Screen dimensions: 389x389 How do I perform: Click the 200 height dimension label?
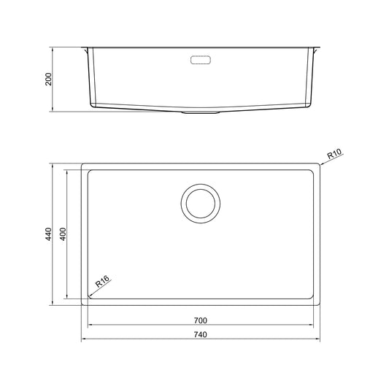point(49,79)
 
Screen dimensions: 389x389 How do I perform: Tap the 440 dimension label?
point(49,234)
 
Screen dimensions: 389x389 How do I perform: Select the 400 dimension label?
point(63,234)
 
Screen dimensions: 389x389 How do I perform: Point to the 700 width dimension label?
point(201,320)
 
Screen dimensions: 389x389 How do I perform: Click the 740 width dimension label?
point(201,335)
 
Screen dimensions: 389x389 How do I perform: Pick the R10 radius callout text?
point(334,153)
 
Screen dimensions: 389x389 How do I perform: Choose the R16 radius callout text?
point(102,281)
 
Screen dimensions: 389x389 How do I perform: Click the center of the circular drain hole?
point(201,204)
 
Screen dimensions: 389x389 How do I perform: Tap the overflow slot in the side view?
point(201,60)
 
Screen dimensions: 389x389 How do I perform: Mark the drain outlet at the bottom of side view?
point(201,112)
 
